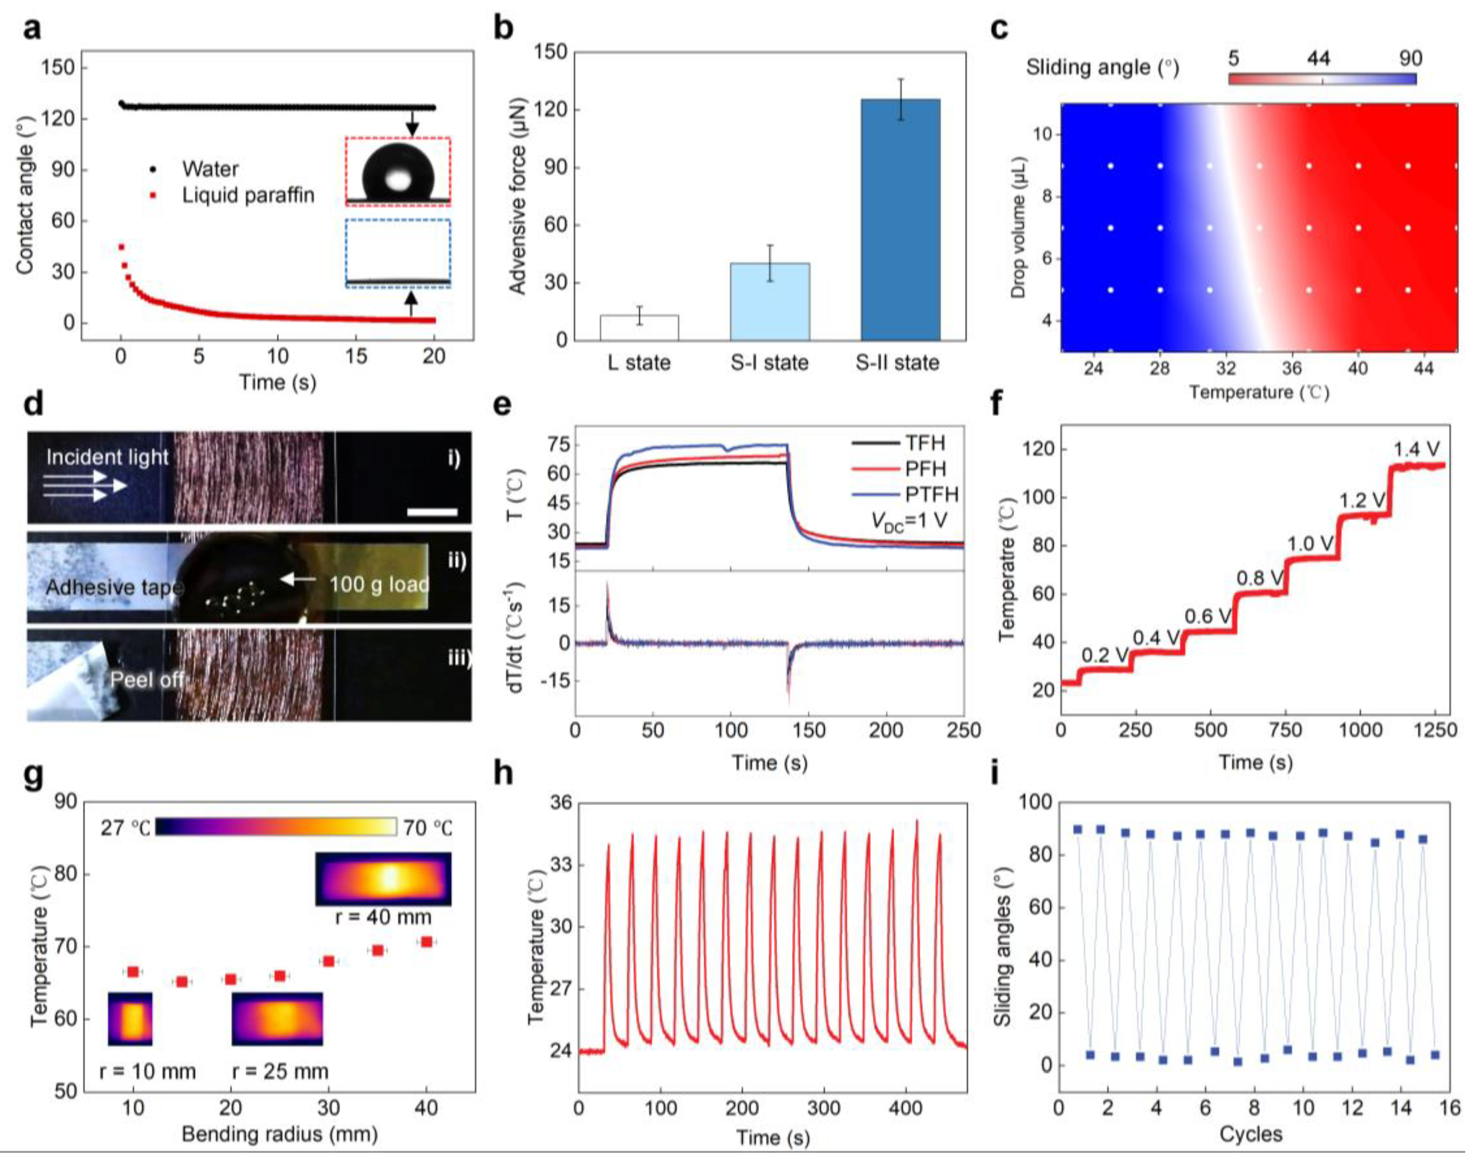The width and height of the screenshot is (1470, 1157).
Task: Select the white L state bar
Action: click(x=639, y=327)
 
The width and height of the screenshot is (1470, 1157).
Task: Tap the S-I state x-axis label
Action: click(x=769, y=364)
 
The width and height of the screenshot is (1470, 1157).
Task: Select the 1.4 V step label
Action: click(x=1417, y=449)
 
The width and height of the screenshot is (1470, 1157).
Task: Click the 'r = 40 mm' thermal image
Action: click(x=383, y=879)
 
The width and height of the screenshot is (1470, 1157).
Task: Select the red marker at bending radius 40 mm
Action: click(x=426, y=942)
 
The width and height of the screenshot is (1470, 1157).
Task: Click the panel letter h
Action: click(x=503, y=774)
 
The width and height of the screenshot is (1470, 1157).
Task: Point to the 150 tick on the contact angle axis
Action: click(x=62, y=68)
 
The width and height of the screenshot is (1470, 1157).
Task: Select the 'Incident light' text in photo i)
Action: click(x=107, y=457)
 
